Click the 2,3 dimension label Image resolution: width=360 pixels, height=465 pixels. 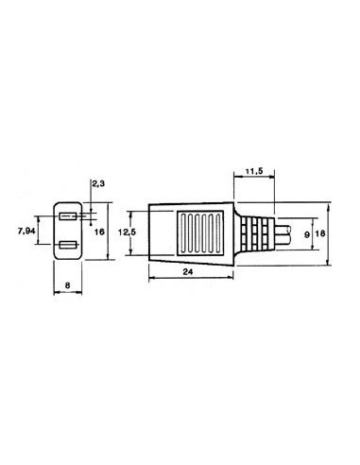(x=98, y=184)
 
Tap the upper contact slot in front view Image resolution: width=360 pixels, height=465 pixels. (x=69, y=216)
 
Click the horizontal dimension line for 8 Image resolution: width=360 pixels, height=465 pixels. (x=70, y=291)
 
